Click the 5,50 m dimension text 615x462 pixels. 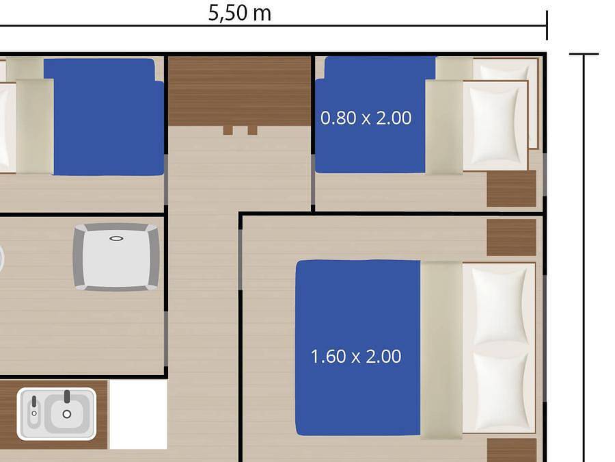coord(239,13)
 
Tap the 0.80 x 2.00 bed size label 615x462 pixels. coord(366,118)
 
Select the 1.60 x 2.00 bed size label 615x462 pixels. coord(356,357)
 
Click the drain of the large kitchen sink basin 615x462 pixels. coord(67,414)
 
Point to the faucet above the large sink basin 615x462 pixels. coord(67,396)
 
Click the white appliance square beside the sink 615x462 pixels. coord(138,414)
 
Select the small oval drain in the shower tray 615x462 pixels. coord(116,239)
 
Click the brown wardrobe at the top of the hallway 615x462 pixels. coord(239,90)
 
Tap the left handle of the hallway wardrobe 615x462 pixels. coord(228,130)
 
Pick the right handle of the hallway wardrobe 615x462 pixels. coord(252,130)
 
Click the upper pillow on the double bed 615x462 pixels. coord(500,305)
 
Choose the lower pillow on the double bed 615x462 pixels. coord(500,391)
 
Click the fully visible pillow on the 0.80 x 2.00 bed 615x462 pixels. coord(496,124)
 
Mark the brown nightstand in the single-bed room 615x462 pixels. coord(511,189)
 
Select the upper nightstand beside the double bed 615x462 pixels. coord(511,238)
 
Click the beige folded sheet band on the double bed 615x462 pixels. coord(441,349)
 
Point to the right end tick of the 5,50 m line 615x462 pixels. coord(547,26)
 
